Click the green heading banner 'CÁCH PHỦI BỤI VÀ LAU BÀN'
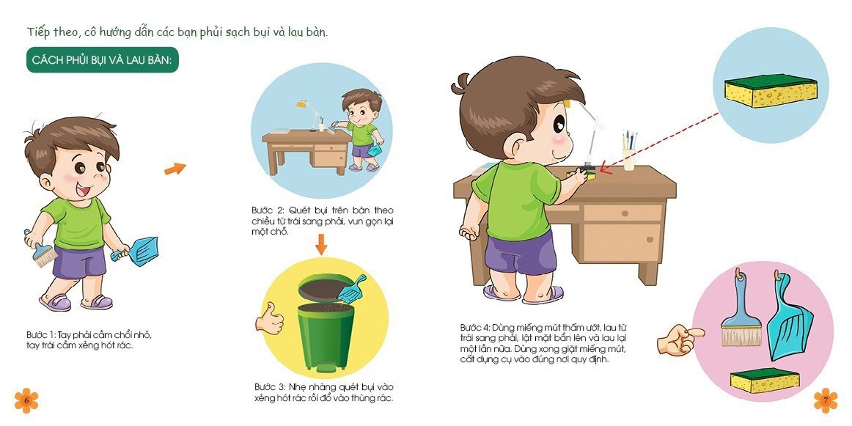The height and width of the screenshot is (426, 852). (x=103, y=60)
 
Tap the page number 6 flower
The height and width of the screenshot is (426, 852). (x=26, y=400)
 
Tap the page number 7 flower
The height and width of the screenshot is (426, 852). (x=826, y=400)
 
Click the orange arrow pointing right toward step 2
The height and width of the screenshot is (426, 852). (x=175, y=169)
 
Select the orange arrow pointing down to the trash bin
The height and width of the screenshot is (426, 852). (x=321, y=244)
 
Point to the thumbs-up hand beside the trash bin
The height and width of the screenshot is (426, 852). (x=270, y=318)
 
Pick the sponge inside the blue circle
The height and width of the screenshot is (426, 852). (x=771, y=90)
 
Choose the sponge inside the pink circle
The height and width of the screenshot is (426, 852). (x=765, y=380)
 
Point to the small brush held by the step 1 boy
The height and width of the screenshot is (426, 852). (x=41, y=249)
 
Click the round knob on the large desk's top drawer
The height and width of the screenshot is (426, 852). (x=623, y=213)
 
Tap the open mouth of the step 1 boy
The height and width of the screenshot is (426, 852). (x=83, y=191)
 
